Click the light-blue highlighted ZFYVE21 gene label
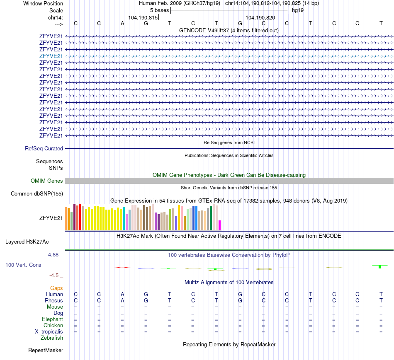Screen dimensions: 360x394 click(x=51, y=56)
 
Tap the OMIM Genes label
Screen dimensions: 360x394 click(x=47, y=181)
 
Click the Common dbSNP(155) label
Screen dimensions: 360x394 click(x=37, y=193)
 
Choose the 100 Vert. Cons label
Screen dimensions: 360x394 click(x=23, y=264)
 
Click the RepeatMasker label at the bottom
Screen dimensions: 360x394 click(x=46, y=350)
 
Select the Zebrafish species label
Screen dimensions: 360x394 click(x=52, y=338)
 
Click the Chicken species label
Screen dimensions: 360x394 click(x=53, y=326)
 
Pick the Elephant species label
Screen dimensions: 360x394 click(x=52, y=319)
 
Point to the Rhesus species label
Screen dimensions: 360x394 click(x=54, y=300)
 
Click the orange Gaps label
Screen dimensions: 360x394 click(x=56, y=288)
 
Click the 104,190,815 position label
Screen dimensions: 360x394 click(x=143, y=17)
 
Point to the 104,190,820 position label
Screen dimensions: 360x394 click(x=260, y=17)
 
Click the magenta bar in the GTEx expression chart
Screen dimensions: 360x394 click(x=220, y=225)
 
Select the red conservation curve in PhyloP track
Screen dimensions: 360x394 click(x=122, y=267)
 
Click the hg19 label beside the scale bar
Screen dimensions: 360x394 click(x=298, y=10)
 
